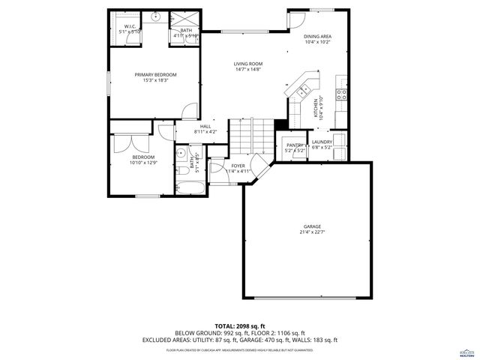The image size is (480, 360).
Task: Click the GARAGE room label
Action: pos(312,226)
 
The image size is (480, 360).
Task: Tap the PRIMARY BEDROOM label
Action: pos(155,74)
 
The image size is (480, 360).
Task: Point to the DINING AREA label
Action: pos(317,35)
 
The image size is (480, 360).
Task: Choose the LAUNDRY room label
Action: pos(322,142)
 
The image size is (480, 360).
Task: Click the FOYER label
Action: pos(238,165)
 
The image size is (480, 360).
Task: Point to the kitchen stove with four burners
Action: pos(340,94)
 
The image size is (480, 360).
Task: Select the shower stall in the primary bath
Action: pos(183,20)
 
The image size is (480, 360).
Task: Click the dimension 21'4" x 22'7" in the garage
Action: pos(312,232)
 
